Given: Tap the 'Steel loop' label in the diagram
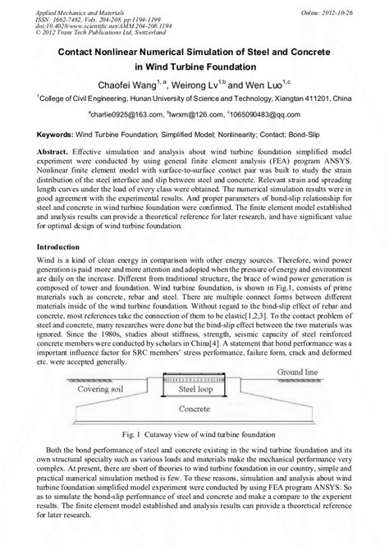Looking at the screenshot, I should pyautogui.click(x=199, y=401).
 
